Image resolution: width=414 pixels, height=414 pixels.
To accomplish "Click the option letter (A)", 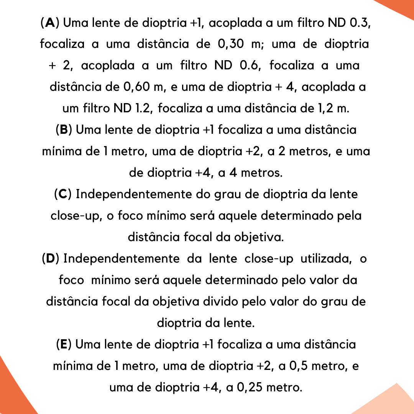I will (x=50, y=23).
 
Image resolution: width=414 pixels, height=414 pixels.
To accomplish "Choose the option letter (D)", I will (x=51, y=259).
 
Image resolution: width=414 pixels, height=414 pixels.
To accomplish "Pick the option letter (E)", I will (x=64, y=345).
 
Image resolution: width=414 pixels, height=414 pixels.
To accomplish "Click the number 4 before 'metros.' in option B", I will (x=232, y=173).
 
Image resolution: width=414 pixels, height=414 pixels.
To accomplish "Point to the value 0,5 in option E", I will (x=294, y=366).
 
